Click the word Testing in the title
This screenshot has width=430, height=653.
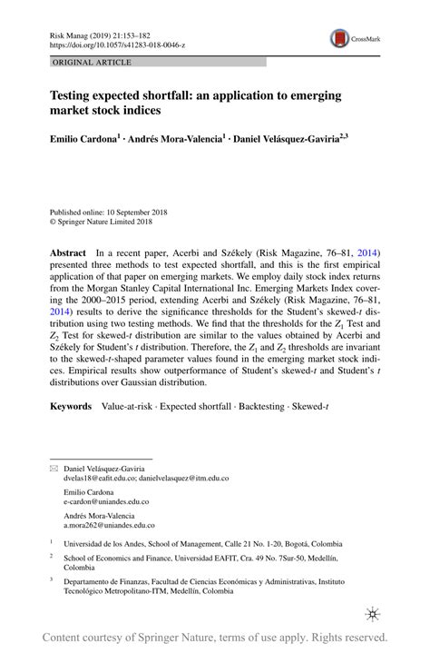(74, 94)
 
